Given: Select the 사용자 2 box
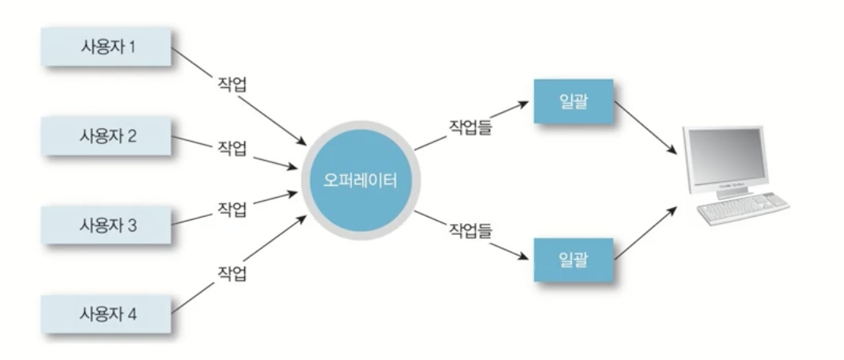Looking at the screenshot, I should [x=108, y=136].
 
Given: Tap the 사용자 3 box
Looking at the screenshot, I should [x=108, y=225].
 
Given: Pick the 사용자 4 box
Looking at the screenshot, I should [x=108, y=314].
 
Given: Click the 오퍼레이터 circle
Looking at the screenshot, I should [x=360, y=180].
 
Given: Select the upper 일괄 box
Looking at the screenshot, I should [x=573, y=101].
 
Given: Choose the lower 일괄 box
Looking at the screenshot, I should [x=573, y=260].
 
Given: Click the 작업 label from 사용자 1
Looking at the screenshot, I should [x=232, y=85].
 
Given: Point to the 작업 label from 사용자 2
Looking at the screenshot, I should [x=232, y=148].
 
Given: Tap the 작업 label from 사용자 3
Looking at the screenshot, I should [x=232, y=210].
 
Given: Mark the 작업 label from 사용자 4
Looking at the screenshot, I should [x=232, y=275].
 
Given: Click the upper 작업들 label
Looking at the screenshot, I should [x=471, y=126].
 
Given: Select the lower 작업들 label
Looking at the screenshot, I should [x=471, y=231].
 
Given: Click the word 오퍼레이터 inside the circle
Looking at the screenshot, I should [x=360, y=180].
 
